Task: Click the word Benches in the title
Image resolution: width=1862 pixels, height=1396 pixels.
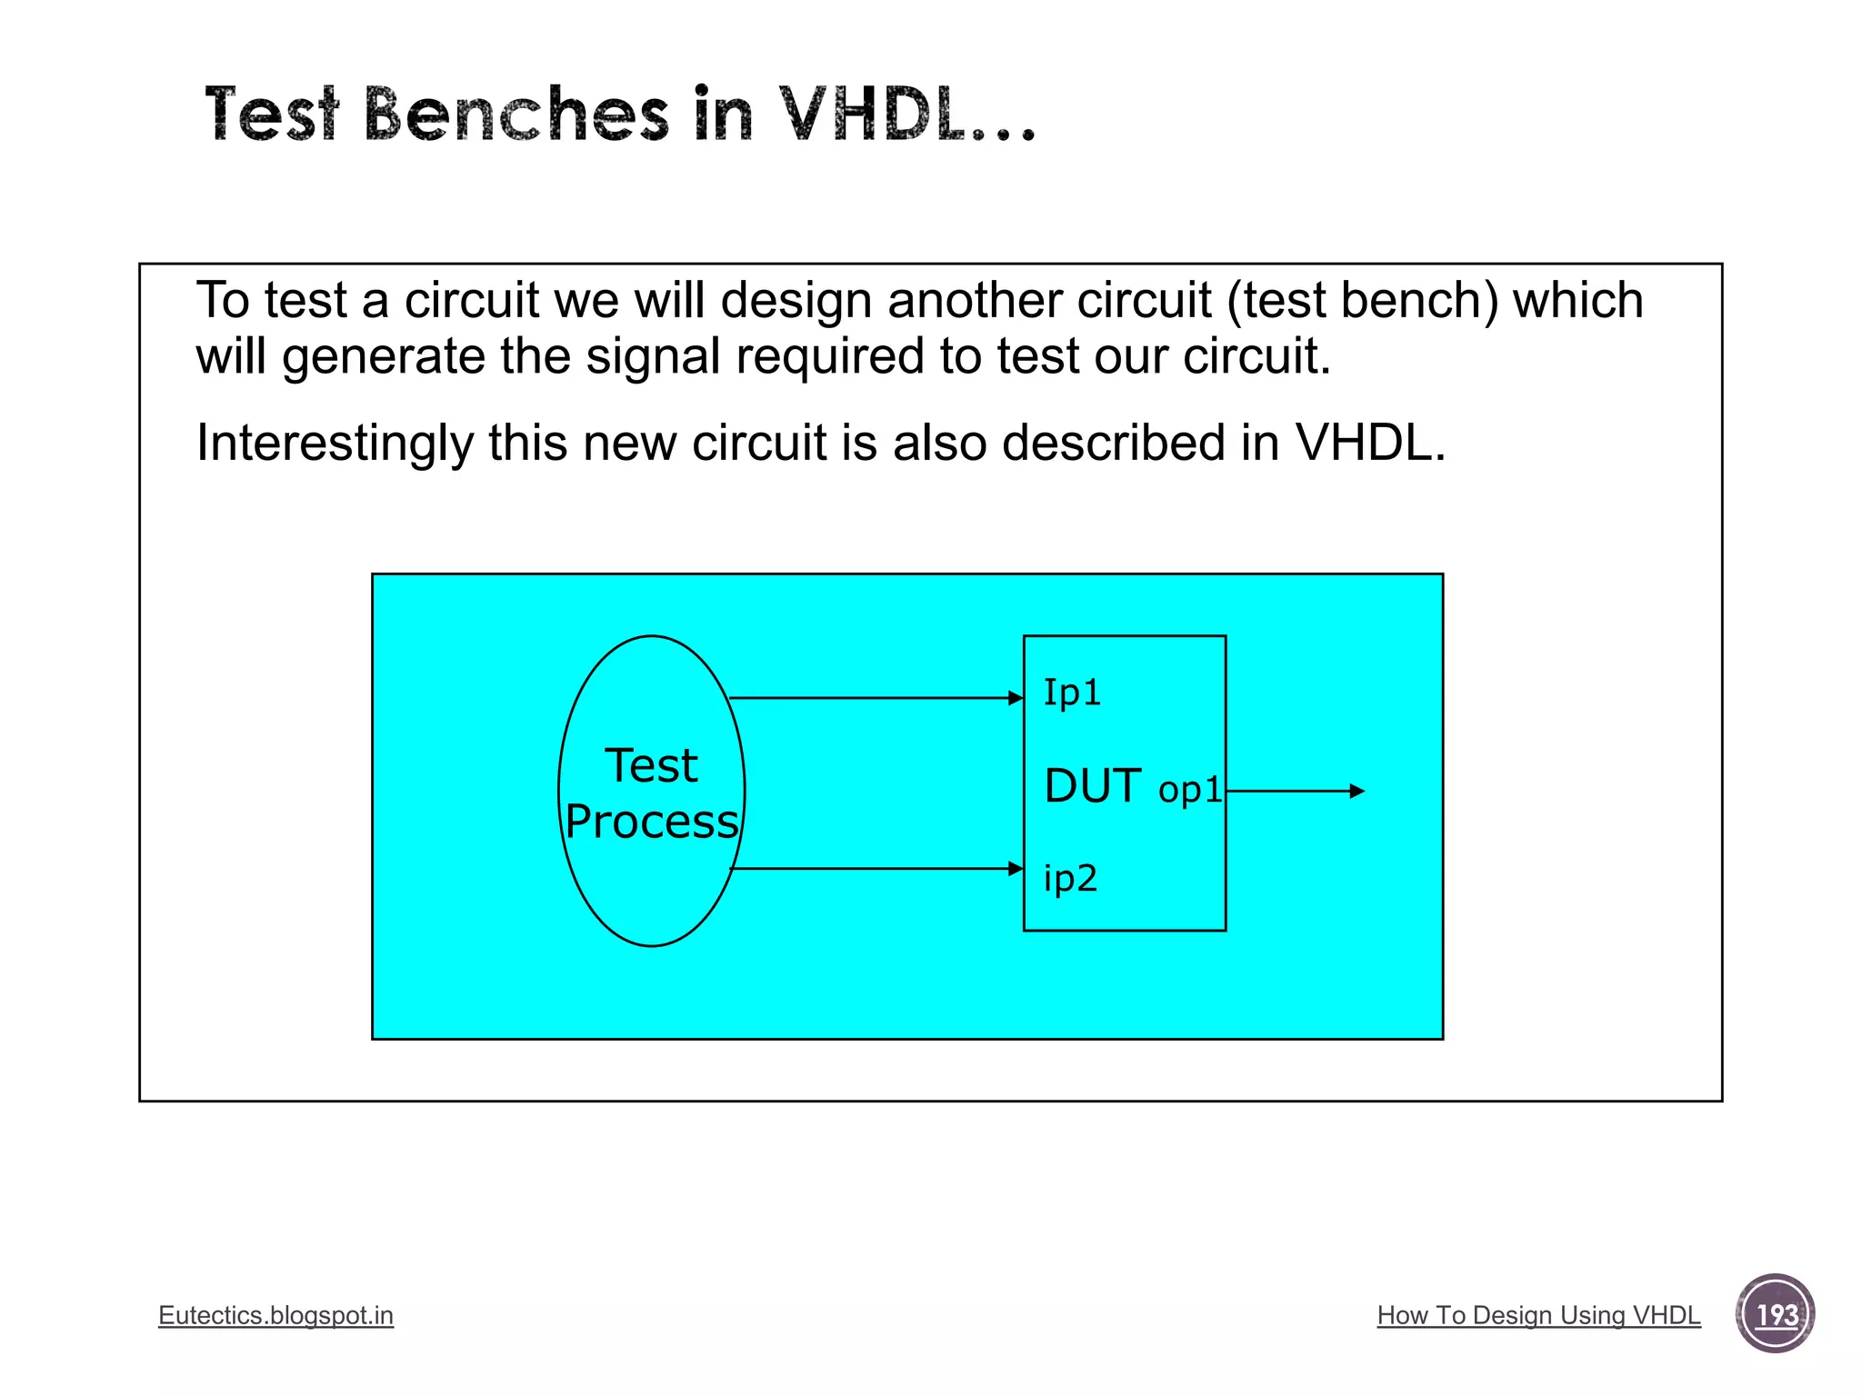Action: (x=516, y=115)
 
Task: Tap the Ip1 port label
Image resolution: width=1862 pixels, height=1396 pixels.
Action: (x=1072, y=693)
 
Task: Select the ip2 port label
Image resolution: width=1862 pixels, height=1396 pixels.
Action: (x=1070, y=878)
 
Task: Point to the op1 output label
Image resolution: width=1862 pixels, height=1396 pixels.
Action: (x=1189, y=789)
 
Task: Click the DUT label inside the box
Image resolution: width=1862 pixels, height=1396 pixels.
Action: (x=1093, y=786)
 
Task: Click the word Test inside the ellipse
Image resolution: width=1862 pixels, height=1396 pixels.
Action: (x=651, y=765)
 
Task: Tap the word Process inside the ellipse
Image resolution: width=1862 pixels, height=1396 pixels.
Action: (x=651, y=822)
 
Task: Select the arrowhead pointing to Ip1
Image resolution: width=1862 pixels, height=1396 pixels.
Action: (x=1016, y=698)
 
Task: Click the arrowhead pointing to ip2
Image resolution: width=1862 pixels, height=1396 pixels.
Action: (x=1016, y=869)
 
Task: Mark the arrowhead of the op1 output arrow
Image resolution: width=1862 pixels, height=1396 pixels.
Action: (x=1357, y=792)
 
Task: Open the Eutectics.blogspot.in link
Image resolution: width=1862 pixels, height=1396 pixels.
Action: (x=275, y=1315)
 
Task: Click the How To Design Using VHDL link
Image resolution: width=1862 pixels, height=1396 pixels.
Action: (x=1538, y=1315)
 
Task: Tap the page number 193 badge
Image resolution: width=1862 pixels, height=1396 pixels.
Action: (x=1775, y=1314)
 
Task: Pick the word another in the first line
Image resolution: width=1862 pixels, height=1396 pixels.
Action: (x=975, y=301)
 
